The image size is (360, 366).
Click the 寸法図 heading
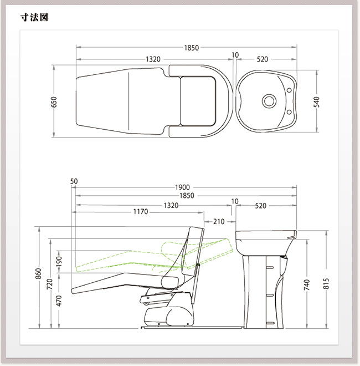point(34,17)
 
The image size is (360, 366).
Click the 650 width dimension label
point(54,102)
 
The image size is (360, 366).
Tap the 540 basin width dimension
point(316,102)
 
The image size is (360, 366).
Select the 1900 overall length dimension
point(182,187)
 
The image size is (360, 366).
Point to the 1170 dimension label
point(141,212)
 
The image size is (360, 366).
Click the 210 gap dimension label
point(219,221)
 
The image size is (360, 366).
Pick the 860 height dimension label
point(38,273)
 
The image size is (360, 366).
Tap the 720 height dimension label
point(50,284)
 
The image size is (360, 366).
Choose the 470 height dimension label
point(59,301)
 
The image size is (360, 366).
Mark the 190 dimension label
point(59,261)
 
